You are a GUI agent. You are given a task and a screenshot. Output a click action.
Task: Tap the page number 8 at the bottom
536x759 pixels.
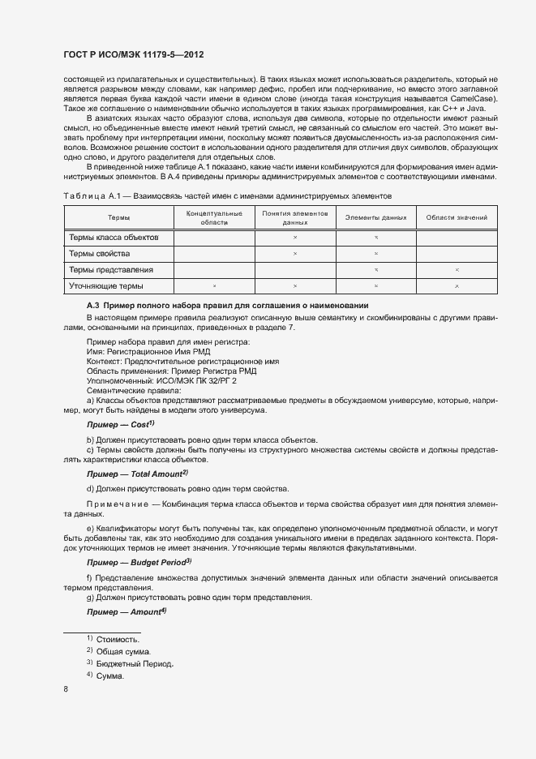(66, 689)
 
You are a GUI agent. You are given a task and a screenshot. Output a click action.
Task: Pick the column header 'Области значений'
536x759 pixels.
(457, 217)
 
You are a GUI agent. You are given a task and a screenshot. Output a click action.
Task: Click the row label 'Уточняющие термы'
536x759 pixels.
(106, 285)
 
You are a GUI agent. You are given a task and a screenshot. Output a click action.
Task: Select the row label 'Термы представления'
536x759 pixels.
(111, 269)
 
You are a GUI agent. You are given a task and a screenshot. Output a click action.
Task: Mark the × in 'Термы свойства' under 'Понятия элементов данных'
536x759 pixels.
(295, 254)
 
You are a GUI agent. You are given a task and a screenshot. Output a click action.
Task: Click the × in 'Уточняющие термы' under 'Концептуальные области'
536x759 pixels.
(214, 286)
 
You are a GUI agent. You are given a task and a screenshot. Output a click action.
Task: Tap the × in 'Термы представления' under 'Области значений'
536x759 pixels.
(457, 270)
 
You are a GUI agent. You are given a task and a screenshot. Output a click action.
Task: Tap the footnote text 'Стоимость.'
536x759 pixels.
(118, 640)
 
